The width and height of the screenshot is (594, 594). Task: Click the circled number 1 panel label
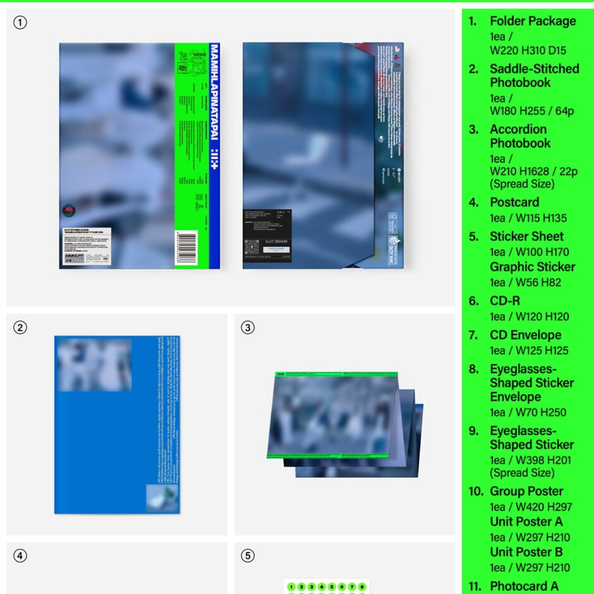(20, 23)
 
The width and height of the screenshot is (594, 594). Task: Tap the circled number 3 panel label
(248, 328)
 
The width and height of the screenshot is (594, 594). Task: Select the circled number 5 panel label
(248, 556)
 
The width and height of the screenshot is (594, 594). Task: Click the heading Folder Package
(532, 21)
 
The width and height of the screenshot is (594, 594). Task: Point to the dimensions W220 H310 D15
(527, 50)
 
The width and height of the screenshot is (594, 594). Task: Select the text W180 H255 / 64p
(532, 111)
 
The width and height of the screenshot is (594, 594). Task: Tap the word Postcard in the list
(514, 202)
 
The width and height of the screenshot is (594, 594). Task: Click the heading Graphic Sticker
(532, 267)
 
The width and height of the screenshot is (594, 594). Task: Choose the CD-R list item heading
(505, 301)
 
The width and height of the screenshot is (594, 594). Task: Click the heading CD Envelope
(525, 335)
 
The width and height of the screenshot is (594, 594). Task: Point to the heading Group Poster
(526, 491)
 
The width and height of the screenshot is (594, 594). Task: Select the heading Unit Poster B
(526, 552)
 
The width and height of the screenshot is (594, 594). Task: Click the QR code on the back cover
(252, 247)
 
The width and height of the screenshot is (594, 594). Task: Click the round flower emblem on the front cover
(69, 211)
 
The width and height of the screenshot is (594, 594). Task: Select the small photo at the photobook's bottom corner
(163, 499)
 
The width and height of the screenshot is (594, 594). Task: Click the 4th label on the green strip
(182, 68)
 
